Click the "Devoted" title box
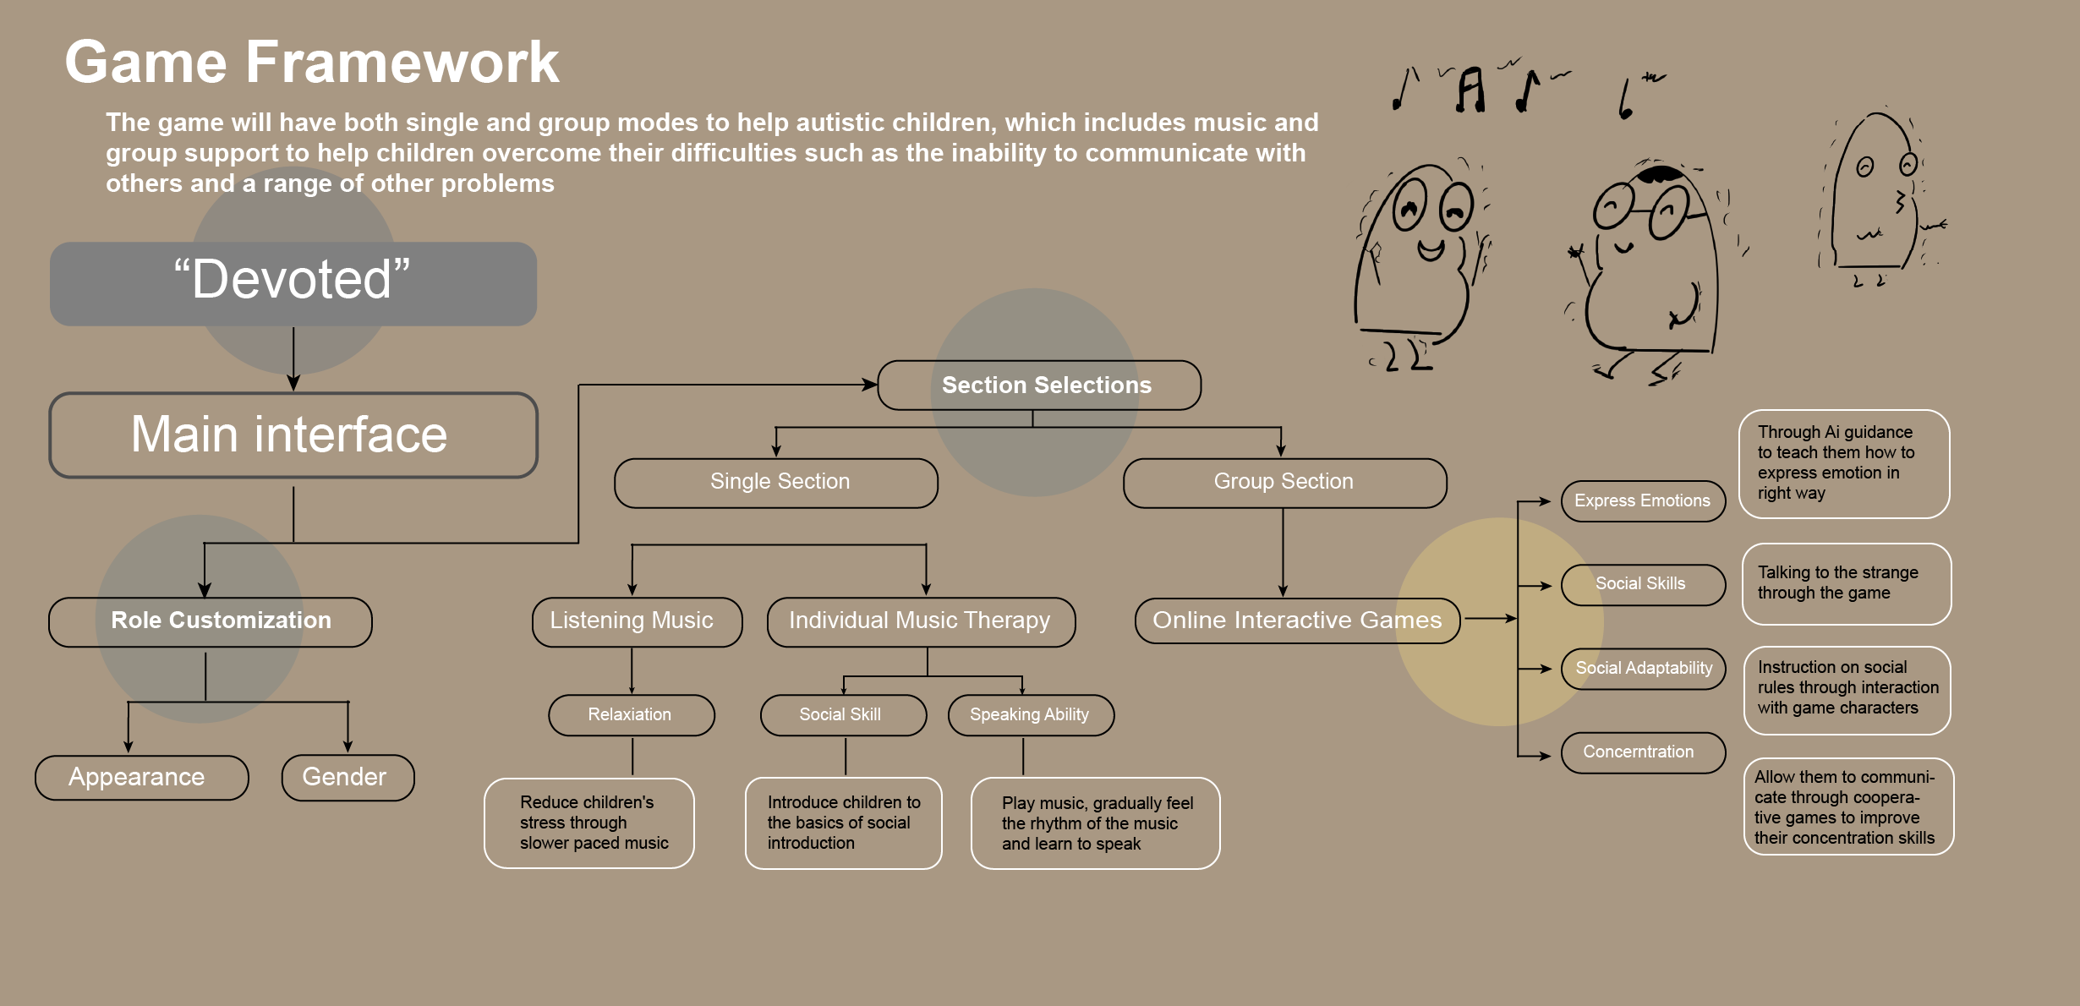(293, 283)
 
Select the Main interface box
(293, 435)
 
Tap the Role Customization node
(210, 621)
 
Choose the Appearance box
(141, 777)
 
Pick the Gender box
(348, 777)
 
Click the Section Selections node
(1039, 385)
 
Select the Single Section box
(775, 483)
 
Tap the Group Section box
(1284, 483)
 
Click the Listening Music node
(637, 621)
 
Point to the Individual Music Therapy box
(921, 621)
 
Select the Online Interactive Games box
(1296, 621)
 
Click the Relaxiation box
(631, 715)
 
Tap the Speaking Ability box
(1031, 715)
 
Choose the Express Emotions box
(1642, 501)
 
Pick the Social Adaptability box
(1642, 669)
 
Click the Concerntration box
(1642, 752)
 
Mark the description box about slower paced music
(588, 823)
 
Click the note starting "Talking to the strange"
(1846, 583)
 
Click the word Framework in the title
(402, 63)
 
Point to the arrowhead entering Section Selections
(870, 385)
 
